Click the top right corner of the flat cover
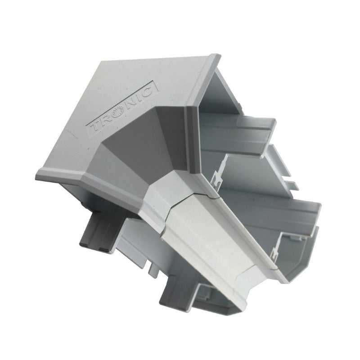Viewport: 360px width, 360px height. (x=220, y=56)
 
